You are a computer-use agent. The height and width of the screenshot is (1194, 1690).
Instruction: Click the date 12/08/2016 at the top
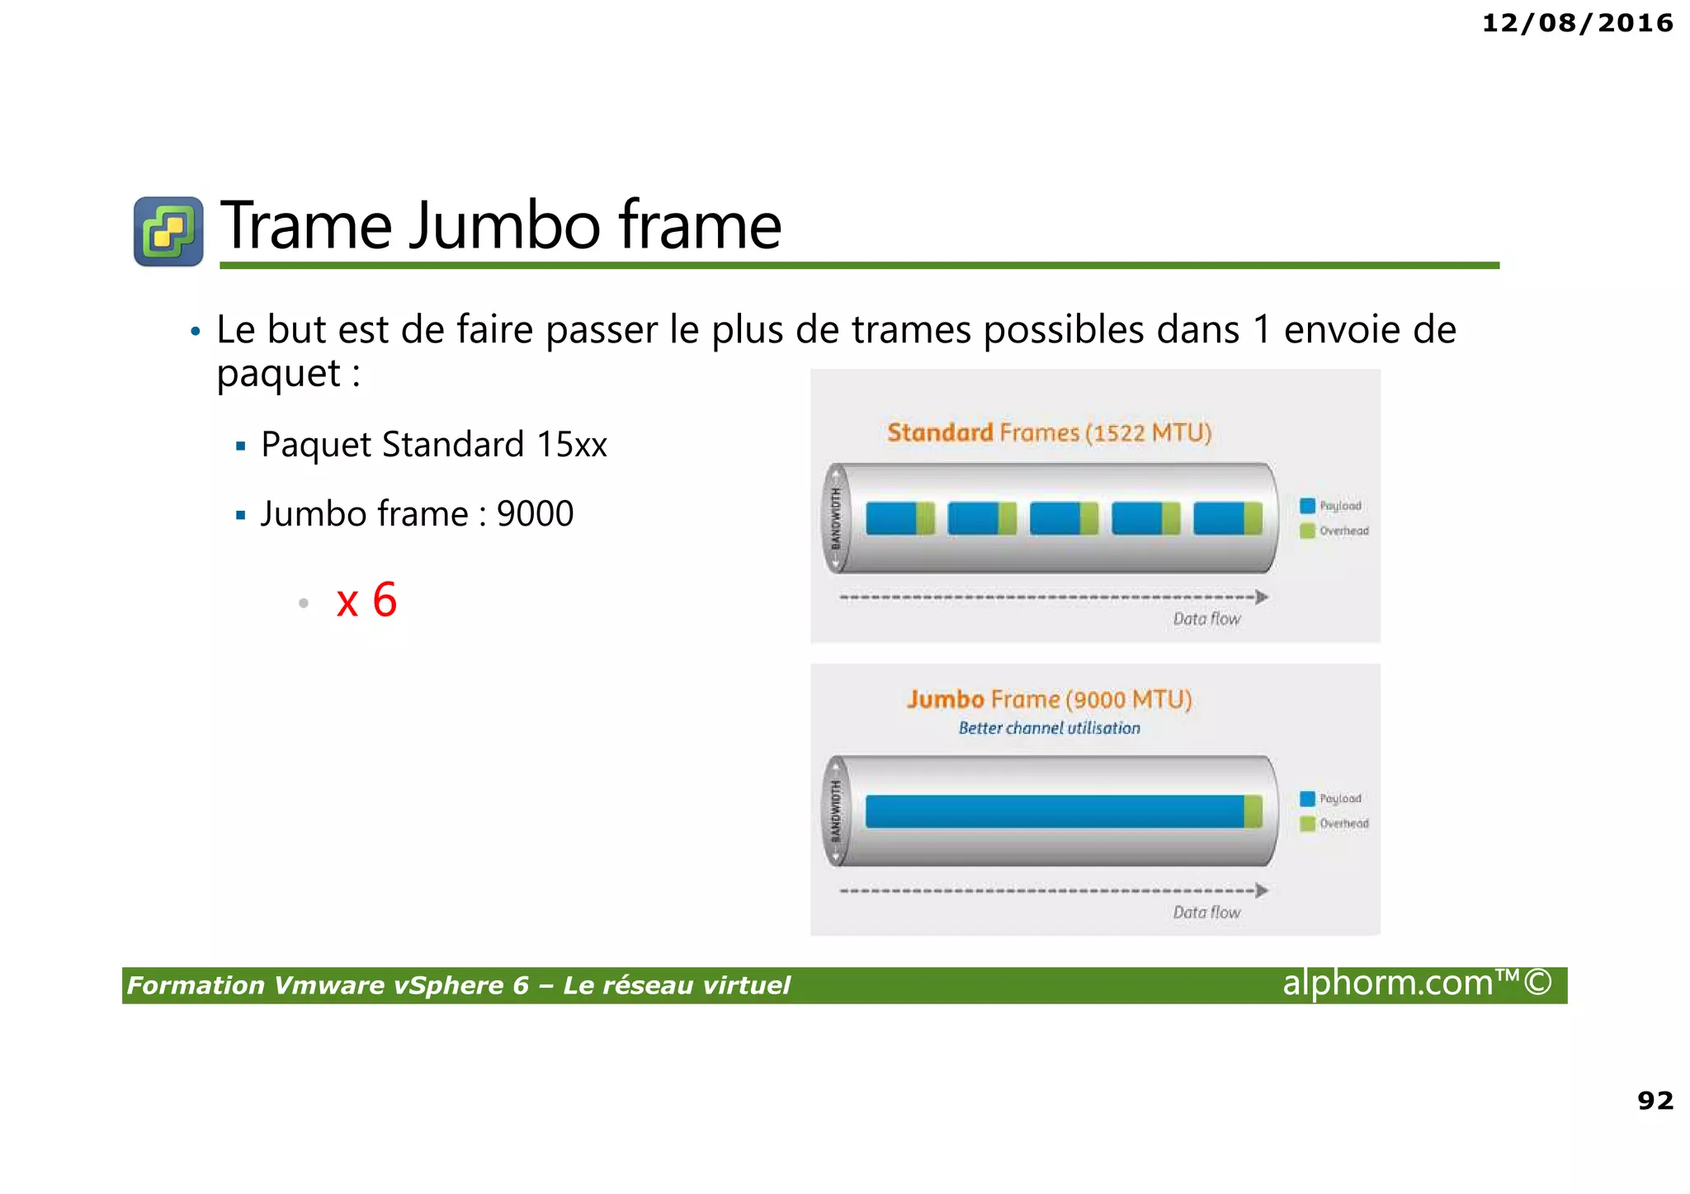tap(1577, 23)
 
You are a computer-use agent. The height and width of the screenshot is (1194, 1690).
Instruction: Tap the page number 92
tap(1655, 1100)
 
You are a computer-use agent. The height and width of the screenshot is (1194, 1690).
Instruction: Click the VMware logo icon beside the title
tap(168, 231)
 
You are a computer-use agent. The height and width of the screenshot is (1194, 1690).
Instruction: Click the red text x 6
tap(366, 600)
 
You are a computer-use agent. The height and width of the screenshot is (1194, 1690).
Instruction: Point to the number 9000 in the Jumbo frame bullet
tap(535, 514)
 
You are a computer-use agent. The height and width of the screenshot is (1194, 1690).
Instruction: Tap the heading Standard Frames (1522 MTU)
tap(1049, 433)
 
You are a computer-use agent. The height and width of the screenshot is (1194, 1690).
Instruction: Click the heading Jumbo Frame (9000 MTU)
tap(1049, 700)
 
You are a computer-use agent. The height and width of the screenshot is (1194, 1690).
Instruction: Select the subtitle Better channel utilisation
tap(1049, 728)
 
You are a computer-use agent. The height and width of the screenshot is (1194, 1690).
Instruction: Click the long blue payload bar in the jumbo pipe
tap(1054, 811)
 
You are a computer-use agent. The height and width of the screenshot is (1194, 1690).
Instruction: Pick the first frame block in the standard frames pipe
tap(899, 518)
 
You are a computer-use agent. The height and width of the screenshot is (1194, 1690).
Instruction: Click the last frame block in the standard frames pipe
tap(1227, 518)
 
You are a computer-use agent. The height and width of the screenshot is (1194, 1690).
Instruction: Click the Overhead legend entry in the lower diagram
tap(1334, 824)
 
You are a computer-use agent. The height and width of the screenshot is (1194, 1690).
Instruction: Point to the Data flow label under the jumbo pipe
tap(1206, 912)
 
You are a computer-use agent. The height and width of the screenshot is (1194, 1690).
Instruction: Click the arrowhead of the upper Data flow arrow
tap(1261, 597)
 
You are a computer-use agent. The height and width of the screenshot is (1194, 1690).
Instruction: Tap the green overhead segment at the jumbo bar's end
tap(1253, 811)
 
